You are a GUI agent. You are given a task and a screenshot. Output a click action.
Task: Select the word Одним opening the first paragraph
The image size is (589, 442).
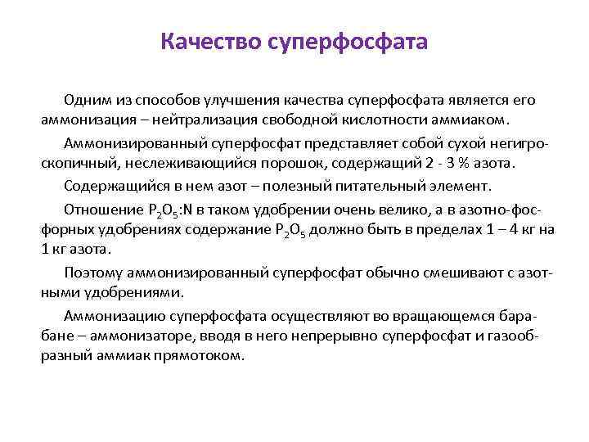[85, 100]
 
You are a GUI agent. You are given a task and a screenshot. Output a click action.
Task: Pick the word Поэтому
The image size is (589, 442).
[94, 270]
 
